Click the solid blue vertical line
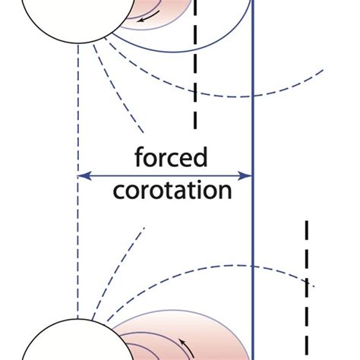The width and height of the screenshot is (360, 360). pos(252,228)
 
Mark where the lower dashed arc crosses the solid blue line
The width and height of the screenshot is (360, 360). pos(252,267)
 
